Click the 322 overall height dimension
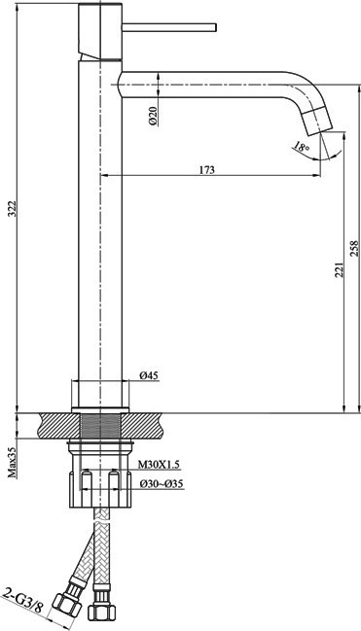[x=13, y=208]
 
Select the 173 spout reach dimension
[x=207, y=169]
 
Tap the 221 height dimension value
[x=340, y=268]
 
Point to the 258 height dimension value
[x=354, y=249]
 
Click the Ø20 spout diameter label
[x=154, y=116]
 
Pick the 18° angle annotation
[x=301, y=146]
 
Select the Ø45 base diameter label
[x=149, y=375]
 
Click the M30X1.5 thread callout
[x=160, y=465]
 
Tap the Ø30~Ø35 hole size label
[x=162, y=484]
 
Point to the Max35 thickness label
[x=14, y=462]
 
